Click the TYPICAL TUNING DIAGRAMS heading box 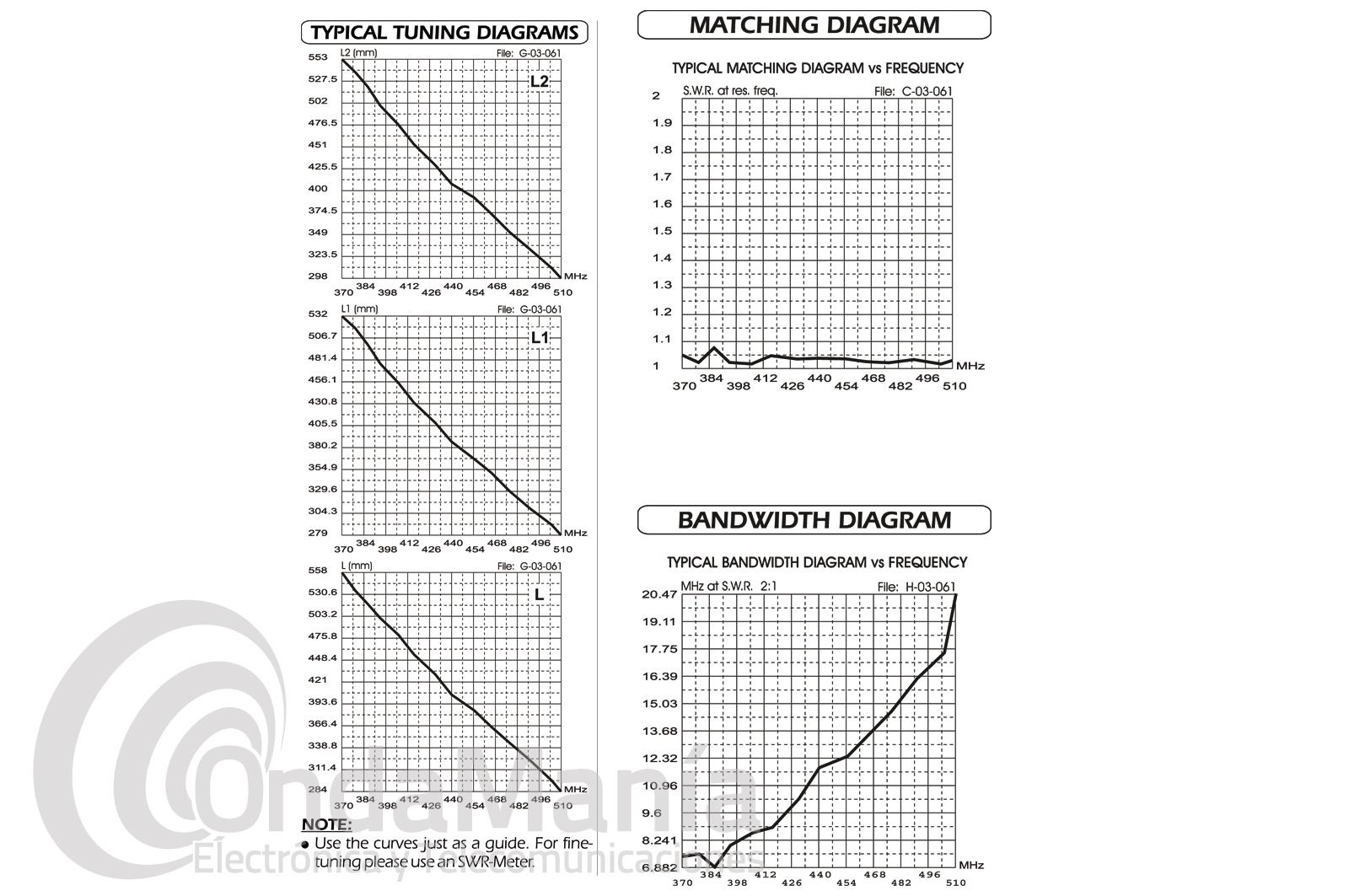pyautogui.click(x=444, y=33)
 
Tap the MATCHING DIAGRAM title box pyautogui.click(x=814, y=25)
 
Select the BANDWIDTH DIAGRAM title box pyautogui.click(x=814, y=520)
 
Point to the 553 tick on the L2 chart pyautogui.click(x=318, y=57)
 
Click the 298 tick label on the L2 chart pyautogui.click(x=318, y=276)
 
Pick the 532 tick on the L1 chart pyautogui.click(x=318, y=314)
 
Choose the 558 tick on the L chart pyautogui.click(x=318, y=571)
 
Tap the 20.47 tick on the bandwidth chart pyautogui.click(x=659, y=594)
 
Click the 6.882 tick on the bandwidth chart pyautogui.click(x=659, y=867)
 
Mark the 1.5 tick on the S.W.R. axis pyautogui.click(x=662, y=231)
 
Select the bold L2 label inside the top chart pyautogui.click(x=540, y=82)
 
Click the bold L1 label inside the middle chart pyautogui.click(x=540, y=338)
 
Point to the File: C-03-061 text pyautogui.click(x=913, y=91)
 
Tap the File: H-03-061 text pyautogui.click(x=916, y=587)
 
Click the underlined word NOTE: pyautogui.click(x=326, y=824)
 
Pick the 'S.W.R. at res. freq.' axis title pyautogui.click(x=729, y=90)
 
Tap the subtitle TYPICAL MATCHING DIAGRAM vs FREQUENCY pyautogui.click(x=817, y=67)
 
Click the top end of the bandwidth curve pyautogui.click(x=955, y=595)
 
